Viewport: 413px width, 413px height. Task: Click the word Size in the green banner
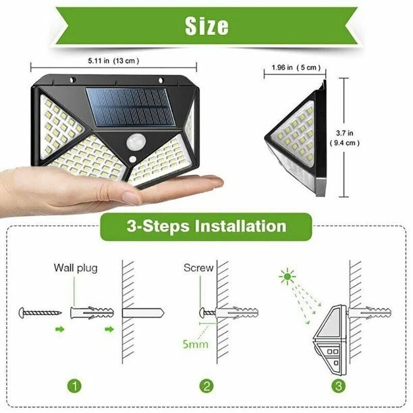[206, 26]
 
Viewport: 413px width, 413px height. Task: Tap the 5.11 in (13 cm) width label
[113, 61]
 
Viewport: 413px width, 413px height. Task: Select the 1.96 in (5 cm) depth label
[296, 67]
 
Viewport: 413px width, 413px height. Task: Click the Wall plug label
[76, 268]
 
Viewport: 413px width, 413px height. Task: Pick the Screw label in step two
[198, 268]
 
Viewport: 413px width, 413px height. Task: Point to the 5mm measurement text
[194, 344]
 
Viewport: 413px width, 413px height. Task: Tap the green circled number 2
[207, 387]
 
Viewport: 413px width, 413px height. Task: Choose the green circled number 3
[337, 387]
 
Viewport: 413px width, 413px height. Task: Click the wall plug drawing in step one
[90, 314]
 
